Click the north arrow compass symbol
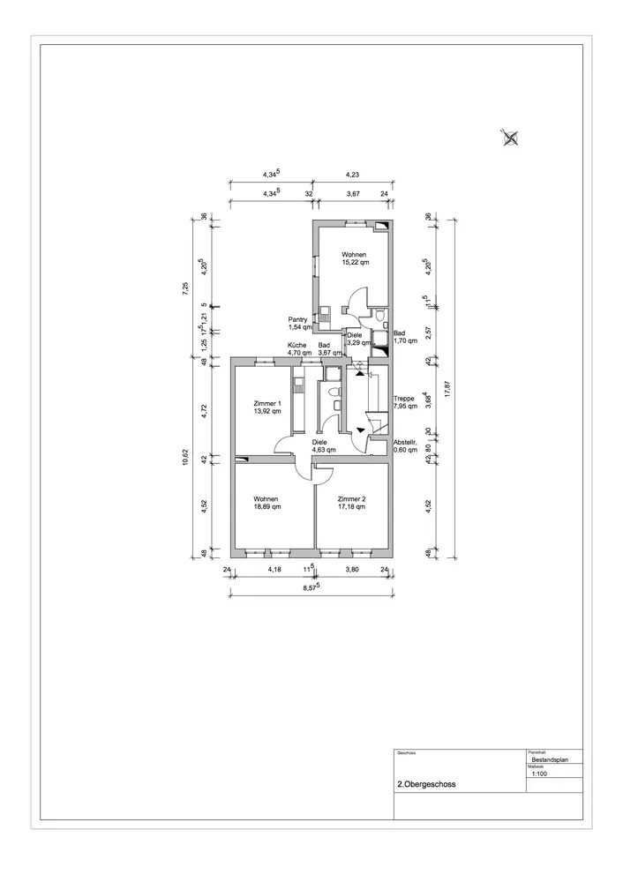(510, 136)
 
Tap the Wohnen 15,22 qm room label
(355, 258)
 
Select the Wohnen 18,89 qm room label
(267, 503)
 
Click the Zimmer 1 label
(266, 407)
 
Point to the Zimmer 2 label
(352, 503)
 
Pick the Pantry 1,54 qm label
(300, 323)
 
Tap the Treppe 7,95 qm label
(406, 403)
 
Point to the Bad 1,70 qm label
(406, 337)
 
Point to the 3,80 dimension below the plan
(352, 570)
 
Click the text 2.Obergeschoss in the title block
(427, 783)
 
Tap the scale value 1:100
(538, 775)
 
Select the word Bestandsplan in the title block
(550, 759)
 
